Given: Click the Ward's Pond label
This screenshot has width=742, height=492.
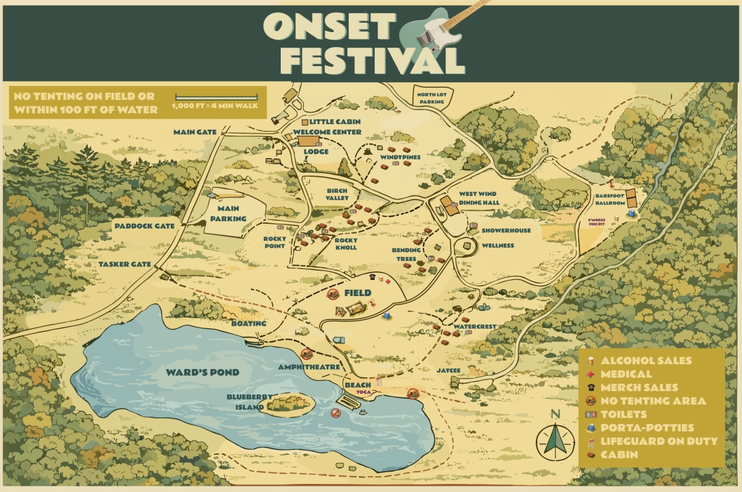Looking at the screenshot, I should (202, 373).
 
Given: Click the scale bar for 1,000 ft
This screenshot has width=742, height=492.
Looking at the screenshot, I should (216, 98).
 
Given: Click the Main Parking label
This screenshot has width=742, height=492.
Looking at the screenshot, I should (228, 214).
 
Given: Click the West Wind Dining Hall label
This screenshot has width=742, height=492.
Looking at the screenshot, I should (479, 198).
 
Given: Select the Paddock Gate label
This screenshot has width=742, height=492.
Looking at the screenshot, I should (145, 226).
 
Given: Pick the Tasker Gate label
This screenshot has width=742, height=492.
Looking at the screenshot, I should (125, 264).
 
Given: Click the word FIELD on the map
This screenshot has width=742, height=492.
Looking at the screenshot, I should (358, 292).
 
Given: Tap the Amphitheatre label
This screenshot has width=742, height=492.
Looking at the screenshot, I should (309, 367).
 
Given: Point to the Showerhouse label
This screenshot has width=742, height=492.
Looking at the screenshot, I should (506, 231).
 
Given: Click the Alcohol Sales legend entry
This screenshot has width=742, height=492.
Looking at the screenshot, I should (646, 360).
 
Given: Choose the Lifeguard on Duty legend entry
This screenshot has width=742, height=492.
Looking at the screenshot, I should (659, 441).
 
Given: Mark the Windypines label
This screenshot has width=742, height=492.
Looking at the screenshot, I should (401, 158).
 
